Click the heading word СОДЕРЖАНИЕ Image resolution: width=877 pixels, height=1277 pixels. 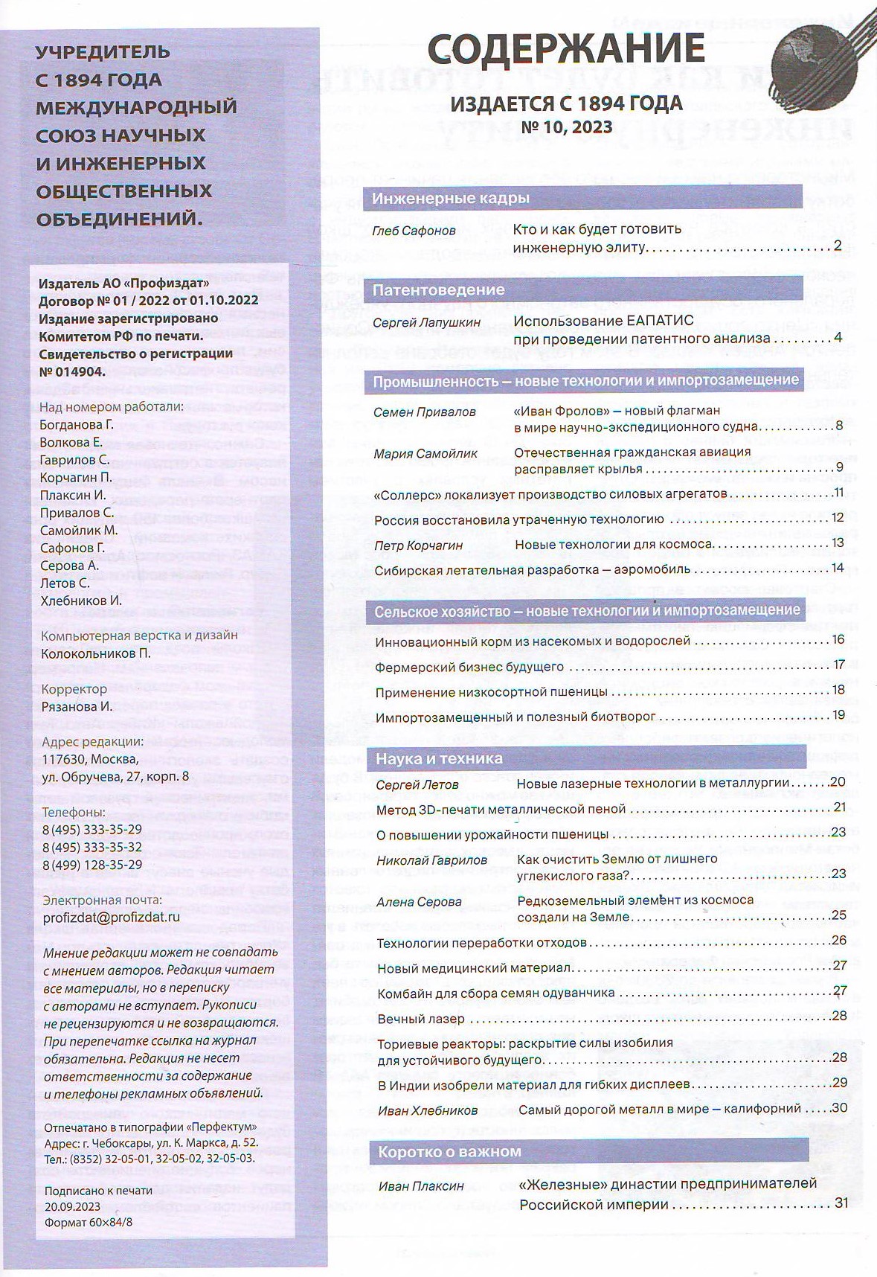(x=566, y=49)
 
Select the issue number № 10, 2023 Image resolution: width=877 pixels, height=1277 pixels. (x=567, y=127)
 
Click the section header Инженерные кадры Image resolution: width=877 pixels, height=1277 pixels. (x=451, y=198)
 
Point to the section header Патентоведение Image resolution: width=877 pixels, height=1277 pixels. (x=438, y=289)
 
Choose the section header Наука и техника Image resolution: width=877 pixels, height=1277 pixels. (x=439, y=758)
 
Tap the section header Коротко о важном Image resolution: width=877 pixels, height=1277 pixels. (x=449, y=1151)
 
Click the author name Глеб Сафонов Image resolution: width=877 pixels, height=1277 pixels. (x=414, y=231)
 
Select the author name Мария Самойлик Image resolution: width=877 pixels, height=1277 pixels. (x=425, y=453)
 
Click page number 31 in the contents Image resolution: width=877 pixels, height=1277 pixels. (x=841, y=1203)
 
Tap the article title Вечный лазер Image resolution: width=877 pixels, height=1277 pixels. (x=421, y=1019)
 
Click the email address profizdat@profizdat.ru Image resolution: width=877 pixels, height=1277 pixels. (x=112, y=918)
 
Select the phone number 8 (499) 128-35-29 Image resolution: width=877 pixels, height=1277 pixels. (x=92, y=865)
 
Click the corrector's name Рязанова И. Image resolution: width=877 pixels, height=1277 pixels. (x=77, y=706)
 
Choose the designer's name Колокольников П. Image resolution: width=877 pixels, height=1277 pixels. (x=96, y=653)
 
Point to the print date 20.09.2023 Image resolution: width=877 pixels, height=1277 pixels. (x=73, y=1207)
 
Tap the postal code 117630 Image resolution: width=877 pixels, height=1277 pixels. (x=65, y=759)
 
